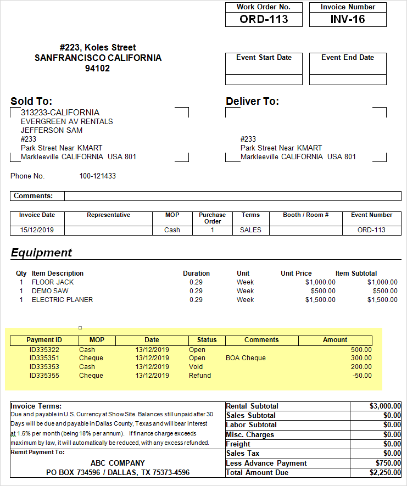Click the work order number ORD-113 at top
pos(264,19)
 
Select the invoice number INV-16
pos(348,19)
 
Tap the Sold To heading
pos(31,101)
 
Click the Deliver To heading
pos(252,101)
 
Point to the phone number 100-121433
pos(98,176)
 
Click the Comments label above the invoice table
pos(34,196)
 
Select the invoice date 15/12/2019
pos(37,230)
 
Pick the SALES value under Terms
pos(250,230)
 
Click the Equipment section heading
pos(41,253)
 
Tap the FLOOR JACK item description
pos(53,282)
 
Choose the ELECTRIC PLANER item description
pos(62,300)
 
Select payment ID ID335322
pos(44,350)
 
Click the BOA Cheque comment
pos(246,358)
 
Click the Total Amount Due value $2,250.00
pos(383,473)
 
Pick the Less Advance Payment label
pos(266,463)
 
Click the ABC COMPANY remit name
pos(118,463)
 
